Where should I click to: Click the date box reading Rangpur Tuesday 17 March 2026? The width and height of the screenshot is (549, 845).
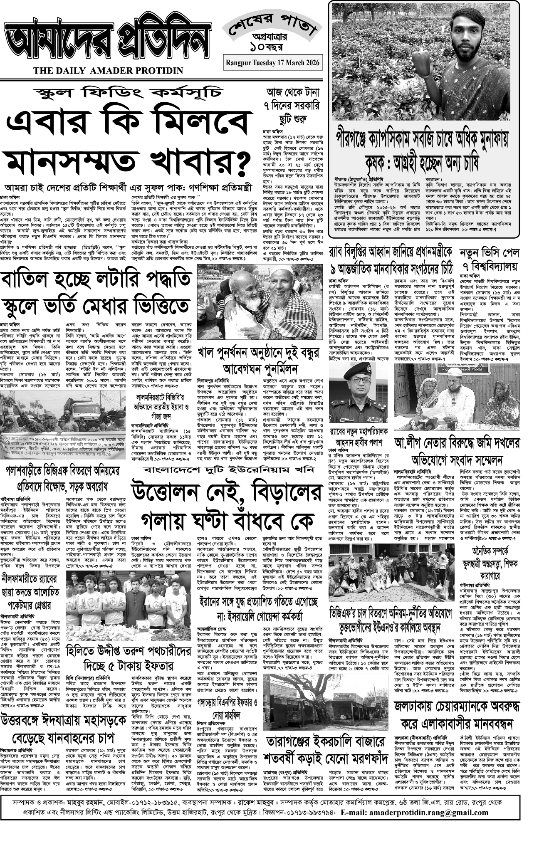coord(273,63)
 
